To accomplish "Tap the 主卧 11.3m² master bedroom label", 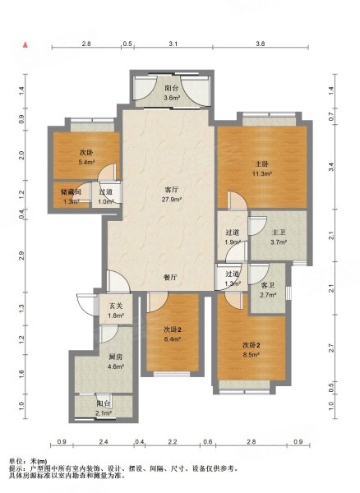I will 262,168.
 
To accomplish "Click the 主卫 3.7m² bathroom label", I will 278,237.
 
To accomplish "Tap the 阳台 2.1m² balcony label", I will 104,408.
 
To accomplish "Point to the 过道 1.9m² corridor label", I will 233,237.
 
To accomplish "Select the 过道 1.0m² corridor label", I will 105,197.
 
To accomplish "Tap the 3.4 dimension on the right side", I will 331,167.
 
